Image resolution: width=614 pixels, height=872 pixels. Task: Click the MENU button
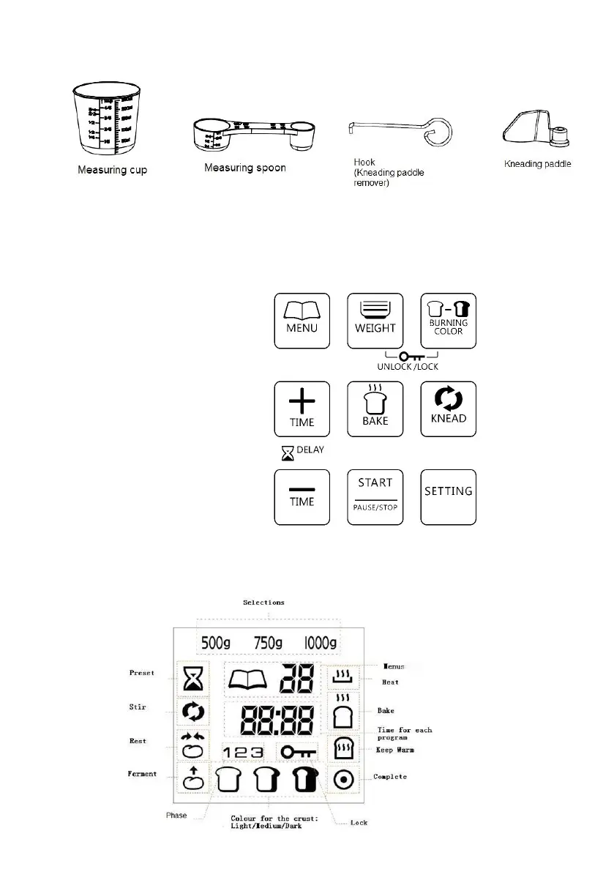pyautogui.click(x=302, y=321)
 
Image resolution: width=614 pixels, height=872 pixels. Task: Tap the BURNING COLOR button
pyautogui.click(x=448, y=321)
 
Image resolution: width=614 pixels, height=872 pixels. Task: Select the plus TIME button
pyautogui.click(x=302, y=409)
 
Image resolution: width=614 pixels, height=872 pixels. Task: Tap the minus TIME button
pyautogui.click(x=302, y=496)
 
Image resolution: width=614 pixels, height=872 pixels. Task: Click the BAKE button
pyautogui.click(x=375, y=409)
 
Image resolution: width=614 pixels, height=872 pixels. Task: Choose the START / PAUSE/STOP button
pyautogui.click(x=375, y=496)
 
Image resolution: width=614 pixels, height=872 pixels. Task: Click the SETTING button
pyautogui.click(x=448, y=496)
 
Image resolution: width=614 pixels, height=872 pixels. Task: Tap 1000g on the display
pyautogui.click(x=321, y=644)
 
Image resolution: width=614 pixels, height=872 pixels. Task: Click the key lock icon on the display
pyautogui.click(x=299, y=750)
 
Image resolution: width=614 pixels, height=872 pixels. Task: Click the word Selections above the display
pyautogui.click(x=264, y=603)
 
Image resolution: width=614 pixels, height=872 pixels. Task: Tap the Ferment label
pyautogui.click(x=142, y=774)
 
